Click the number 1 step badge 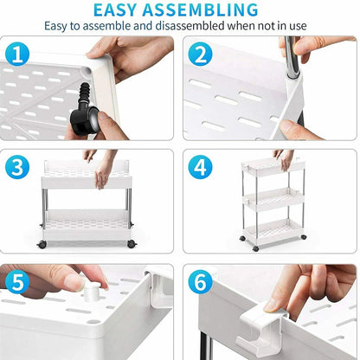point(18,55)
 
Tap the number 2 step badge point(200,55)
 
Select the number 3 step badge point(18,166)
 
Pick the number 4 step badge point(200,166)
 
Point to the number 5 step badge point(18,283)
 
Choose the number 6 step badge point(200,283)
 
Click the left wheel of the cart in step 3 point(42,245)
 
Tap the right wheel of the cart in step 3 point(132,245)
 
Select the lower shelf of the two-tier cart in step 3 point(87,223)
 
